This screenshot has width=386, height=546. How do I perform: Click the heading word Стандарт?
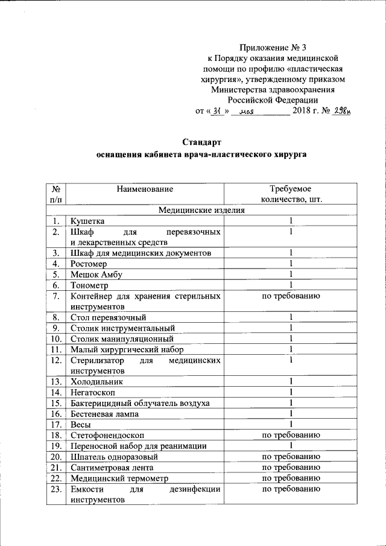tap(202, 142)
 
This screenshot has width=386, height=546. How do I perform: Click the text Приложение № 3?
tap(277, 46)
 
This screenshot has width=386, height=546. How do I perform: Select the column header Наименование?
tap(145, 189)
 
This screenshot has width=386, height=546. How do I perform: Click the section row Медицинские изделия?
tap(201, 211)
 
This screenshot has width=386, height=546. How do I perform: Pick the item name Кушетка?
tap(87, 221)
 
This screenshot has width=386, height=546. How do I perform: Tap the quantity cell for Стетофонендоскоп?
tap(290, 435)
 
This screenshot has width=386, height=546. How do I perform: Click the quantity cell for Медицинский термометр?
tap(290, 478)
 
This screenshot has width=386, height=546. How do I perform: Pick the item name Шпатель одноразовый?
tap(107, 457)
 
